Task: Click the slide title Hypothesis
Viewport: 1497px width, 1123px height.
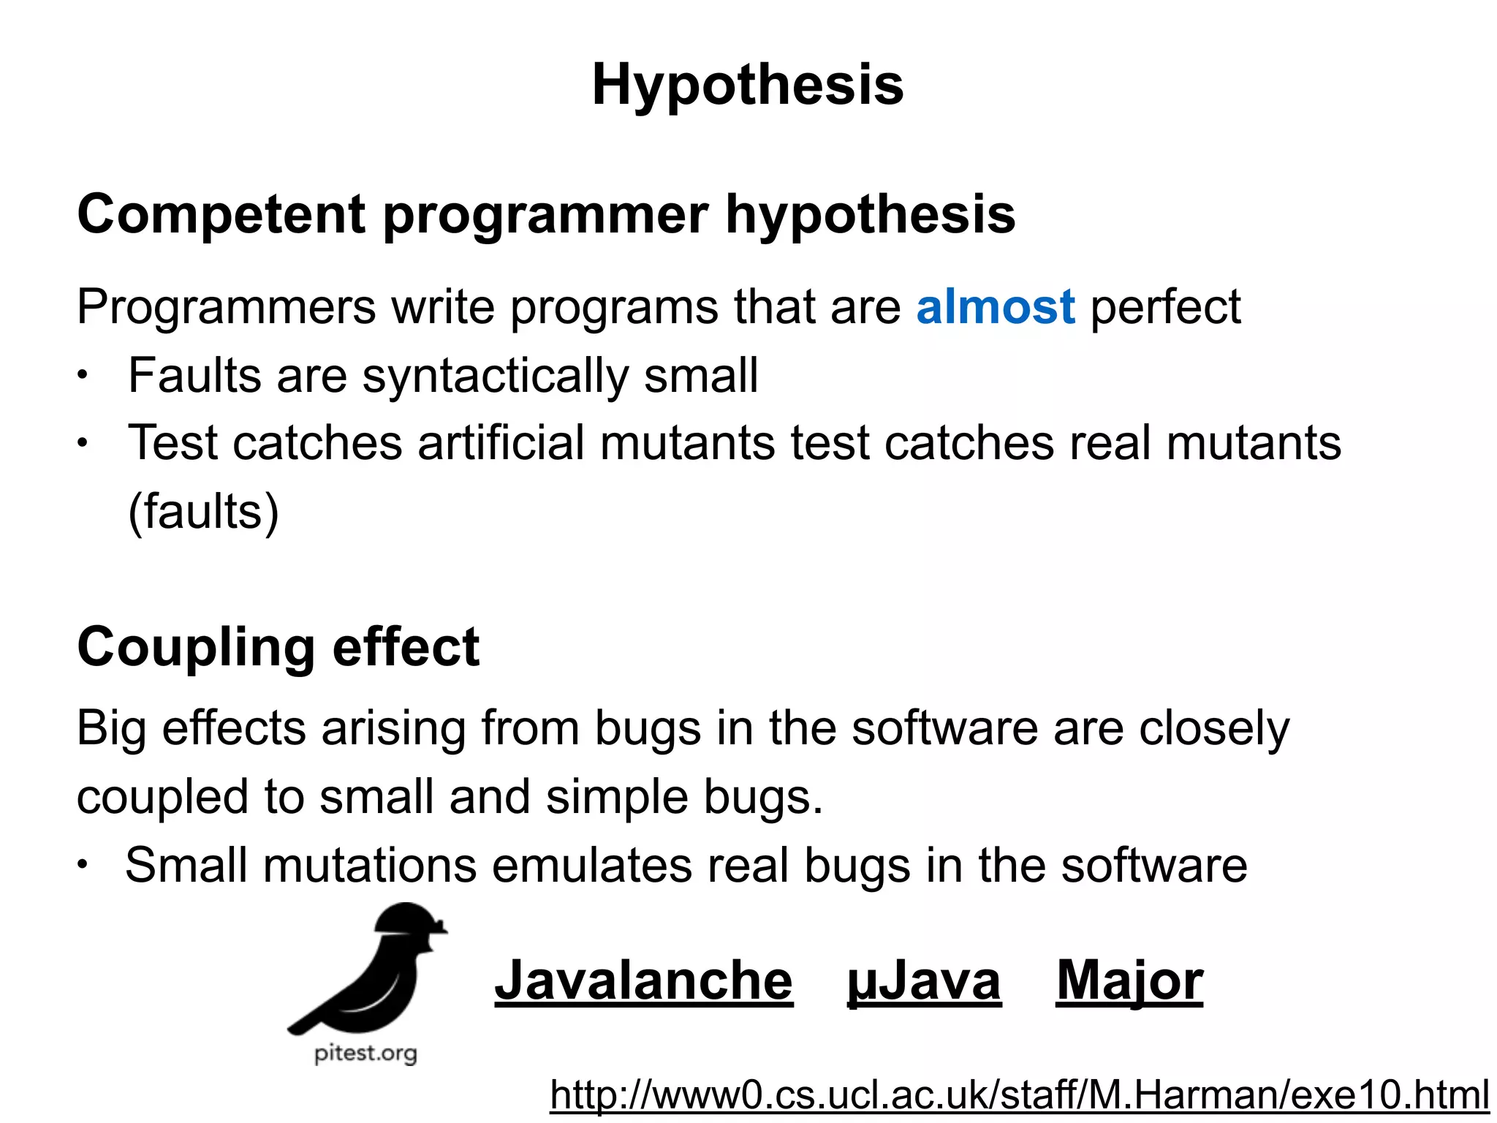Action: [748, 85]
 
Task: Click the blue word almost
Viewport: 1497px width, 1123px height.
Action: [995, 306]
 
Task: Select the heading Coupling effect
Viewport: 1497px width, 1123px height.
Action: [278, 648]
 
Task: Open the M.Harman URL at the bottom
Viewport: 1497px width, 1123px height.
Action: [1019, 1095]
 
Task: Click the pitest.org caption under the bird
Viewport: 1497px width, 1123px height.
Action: [365, 1054]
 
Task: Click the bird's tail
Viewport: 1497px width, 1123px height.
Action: [307, 1021]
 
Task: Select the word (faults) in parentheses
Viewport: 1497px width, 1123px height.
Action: [203, 511]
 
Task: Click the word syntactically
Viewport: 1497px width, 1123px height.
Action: [495, 376]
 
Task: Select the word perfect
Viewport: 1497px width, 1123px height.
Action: [1165, 306]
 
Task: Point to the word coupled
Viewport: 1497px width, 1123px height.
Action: [162, 797]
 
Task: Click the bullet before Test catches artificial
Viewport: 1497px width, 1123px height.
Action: [83, 444]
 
